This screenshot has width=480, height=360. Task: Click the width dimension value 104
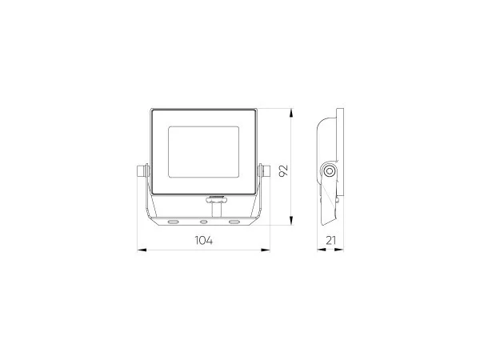[x=204, y=240]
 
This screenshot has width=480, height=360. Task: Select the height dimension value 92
[x=284, y=170]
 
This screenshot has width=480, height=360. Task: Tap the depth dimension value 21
[x=330, y=240]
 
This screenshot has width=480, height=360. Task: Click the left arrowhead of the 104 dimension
[x=142, y=250]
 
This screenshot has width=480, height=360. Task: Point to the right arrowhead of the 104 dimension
[x=266, y=250]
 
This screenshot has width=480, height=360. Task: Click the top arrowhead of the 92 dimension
[x=291, y=113]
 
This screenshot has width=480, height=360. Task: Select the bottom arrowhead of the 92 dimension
[x=291, y=221]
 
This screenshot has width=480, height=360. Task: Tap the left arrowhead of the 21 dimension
[x=321, y=250]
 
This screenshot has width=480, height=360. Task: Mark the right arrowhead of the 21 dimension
[x=339, y=250]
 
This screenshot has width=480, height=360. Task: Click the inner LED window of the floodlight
[x=203, y=152]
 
